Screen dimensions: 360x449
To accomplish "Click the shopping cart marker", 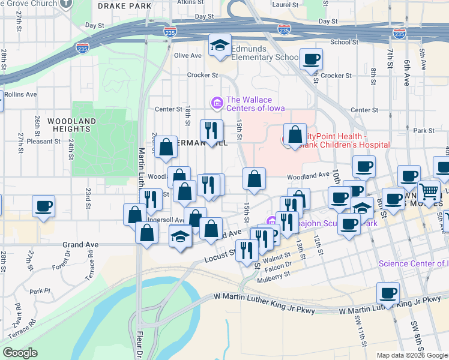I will [429, 191].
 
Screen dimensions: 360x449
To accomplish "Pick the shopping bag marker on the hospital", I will [295, 134].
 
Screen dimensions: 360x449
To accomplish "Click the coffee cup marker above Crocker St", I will [311, 59].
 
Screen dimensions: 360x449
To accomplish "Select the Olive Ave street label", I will [187, 56].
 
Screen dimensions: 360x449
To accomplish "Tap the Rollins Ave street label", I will [20, 94].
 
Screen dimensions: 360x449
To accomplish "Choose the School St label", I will [344, 42].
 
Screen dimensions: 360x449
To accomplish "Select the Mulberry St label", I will [275, 274].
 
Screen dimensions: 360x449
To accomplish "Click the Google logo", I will [20, 353].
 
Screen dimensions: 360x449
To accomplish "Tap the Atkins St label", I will [187, 2].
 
